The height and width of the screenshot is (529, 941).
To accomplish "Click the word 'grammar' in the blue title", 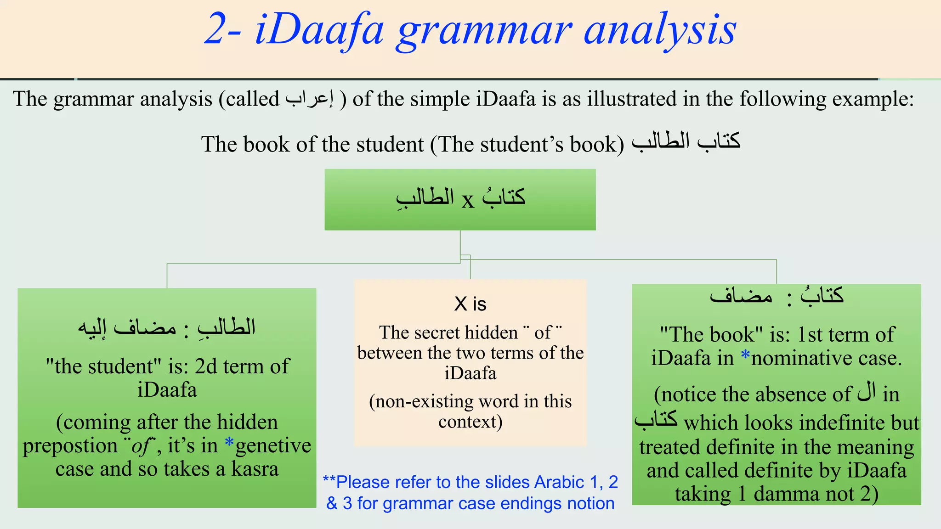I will [484, 31].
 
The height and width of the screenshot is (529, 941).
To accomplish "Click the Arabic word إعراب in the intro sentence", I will [310, 98].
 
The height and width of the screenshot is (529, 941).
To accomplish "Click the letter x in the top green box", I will [468, 200].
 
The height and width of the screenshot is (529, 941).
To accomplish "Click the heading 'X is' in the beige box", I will [470, 304].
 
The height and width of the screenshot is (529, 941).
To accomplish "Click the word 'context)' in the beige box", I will [470, 422].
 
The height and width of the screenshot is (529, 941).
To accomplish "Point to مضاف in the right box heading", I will [741, 296].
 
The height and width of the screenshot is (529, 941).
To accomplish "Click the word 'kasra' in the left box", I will [255, 469].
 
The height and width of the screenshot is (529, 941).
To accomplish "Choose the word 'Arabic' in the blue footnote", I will [559, 482].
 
